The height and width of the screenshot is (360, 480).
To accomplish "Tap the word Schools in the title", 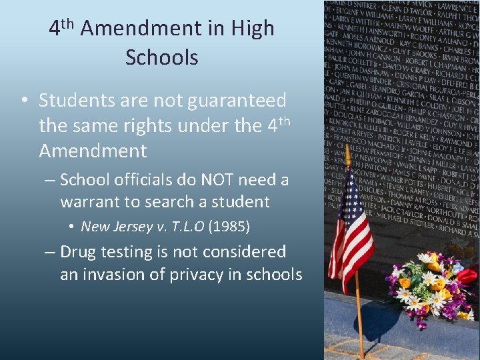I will click(161, 57).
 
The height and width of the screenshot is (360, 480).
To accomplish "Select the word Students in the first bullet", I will click(77, 101).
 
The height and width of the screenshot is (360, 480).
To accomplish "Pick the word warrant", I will click(91, 201).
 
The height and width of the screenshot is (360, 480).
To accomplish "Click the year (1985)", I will click(229, 227).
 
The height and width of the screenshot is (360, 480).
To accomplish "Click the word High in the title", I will click(253, 29).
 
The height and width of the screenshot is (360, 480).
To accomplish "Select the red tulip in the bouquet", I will click(467, 275).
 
